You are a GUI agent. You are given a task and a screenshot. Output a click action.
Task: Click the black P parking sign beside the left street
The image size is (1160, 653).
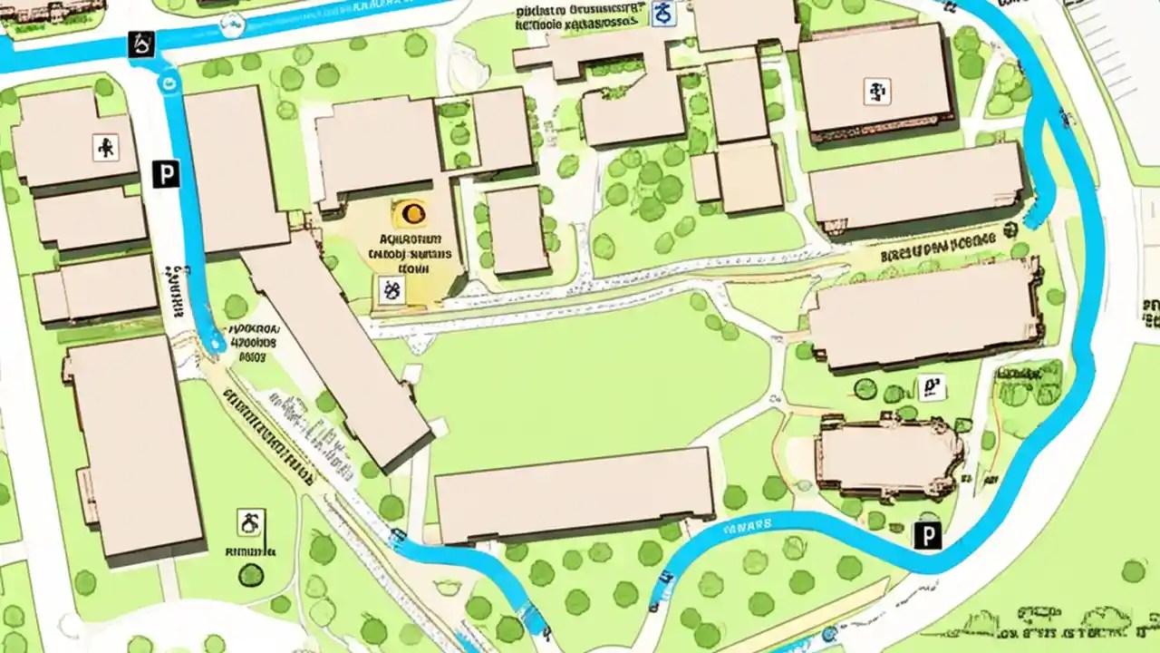pyautogui.click(x=165, y=174)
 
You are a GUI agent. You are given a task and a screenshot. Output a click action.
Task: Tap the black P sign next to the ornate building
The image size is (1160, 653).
pyautogui.click(x=927, y=535)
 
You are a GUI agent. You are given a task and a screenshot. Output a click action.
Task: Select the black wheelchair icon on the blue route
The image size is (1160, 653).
pyautogui.click(x=141, y=44)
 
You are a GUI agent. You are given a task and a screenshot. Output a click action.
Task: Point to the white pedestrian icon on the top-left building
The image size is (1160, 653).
pyautogui.click(x=106, y=147)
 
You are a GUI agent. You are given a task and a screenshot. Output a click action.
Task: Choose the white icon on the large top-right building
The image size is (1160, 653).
pyautogui.click(x=876, y=91)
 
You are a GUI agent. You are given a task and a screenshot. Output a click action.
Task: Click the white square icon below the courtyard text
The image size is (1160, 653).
pyautogui.click(x=391, y=289)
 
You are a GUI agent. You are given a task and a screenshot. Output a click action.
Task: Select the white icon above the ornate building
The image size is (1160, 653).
pyautogui.click(x=931, y=387)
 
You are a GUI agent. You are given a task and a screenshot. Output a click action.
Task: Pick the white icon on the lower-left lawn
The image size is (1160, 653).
pyautogui.click(x=251, y=522)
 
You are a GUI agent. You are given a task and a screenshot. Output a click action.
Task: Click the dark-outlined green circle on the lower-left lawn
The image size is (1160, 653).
pyautogui.click(x=251, y=574)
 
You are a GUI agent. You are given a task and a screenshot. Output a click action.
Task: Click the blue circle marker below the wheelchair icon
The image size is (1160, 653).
pyautogui.click(x=167, y=83)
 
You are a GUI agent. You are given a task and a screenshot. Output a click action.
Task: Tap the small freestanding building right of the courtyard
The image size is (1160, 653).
pyautogui.click(x=517, y=229)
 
